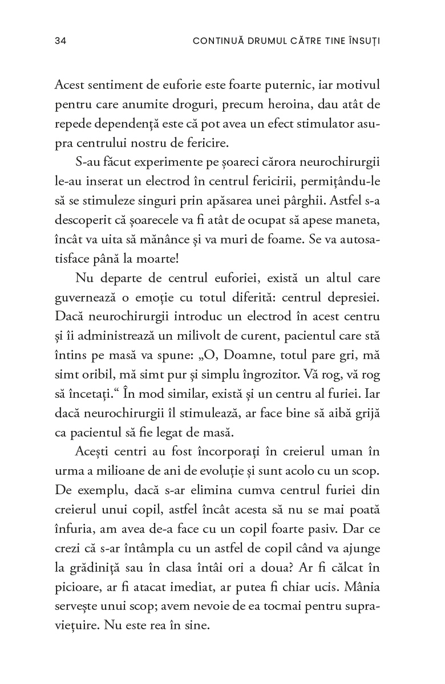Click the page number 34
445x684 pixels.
coord(60,41)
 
